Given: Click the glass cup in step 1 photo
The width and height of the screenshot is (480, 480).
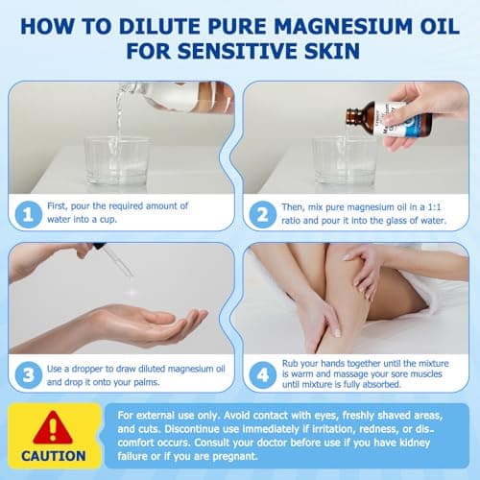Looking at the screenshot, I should (116, 158).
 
